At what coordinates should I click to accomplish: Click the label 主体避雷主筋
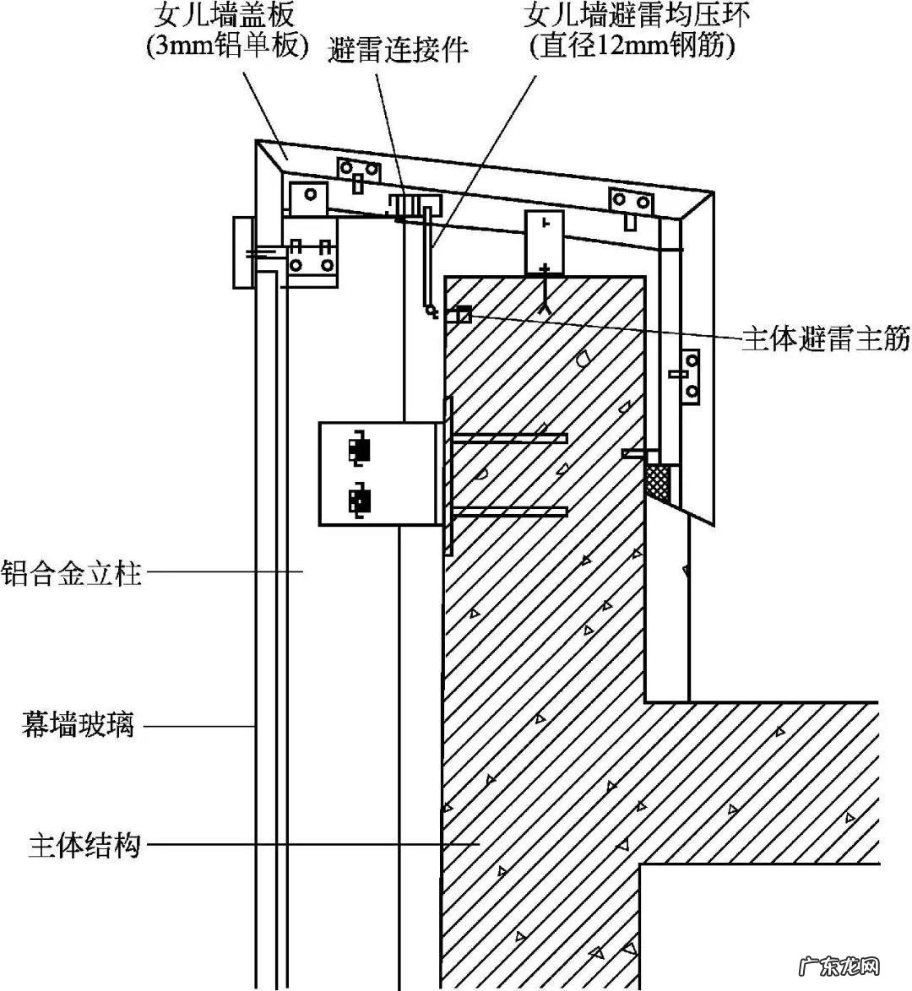pyautogui.click(x=825, y=339)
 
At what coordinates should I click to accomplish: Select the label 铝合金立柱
pyautogui.click(x=71, y=573)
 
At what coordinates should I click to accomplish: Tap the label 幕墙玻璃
pyautogui.click(x=78, y=724)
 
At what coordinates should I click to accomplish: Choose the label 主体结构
pyautogui.click(x=84, y=845)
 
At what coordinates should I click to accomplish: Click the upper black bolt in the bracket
pyautogui.click(x=361, y=448)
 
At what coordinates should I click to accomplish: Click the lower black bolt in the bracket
pyautogui.click(x=361, y=499)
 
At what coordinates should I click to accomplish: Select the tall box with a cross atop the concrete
pyautogui.click(x=545, y=243)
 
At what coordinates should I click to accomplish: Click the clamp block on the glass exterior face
pyautogui.click(x=243, y=253)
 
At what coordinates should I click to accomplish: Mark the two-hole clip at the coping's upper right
pyautogui.click(x=632, y=203)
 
